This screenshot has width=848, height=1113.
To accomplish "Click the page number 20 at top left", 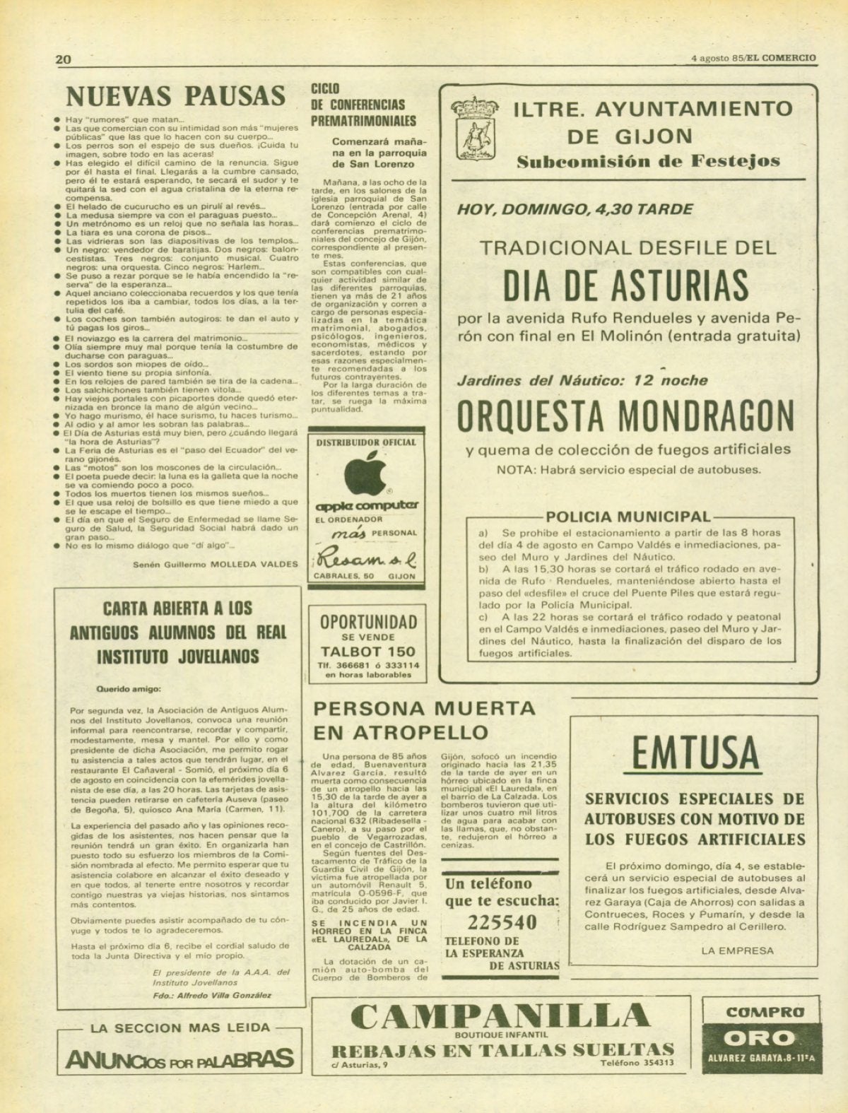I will [x=64, y=59].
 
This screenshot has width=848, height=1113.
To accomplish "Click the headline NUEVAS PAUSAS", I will [x=175, y=95].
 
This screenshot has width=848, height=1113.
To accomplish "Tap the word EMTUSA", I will [x=695, y=754].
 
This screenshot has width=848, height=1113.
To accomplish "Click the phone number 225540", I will [x=502, y=922].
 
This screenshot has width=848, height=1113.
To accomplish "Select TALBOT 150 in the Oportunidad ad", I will [x=367, y=652].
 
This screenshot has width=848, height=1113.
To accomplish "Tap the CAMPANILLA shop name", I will [x=500, y=1016].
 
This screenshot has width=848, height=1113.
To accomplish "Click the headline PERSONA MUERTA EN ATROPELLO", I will [x=424, y=719].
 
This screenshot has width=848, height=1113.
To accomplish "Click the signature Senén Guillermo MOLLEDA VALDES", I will [x=216, y=564].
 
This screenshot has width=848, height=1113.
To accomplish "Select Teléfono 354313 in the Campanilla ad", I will [x=637, y=1063].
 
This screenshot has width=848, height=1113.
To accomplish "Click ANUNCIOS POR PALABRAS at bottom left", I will [x=179, y=1058].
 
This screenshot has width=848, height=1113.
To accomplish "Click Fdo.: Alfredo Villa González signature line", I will [x=211, y=994].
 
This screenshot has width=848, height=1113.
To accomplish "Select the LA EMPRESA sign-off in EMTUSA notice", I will [x=738, y=951].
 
